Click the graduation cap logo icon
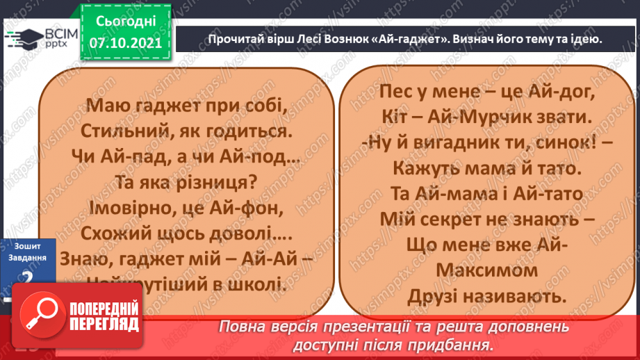[18, 35]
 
